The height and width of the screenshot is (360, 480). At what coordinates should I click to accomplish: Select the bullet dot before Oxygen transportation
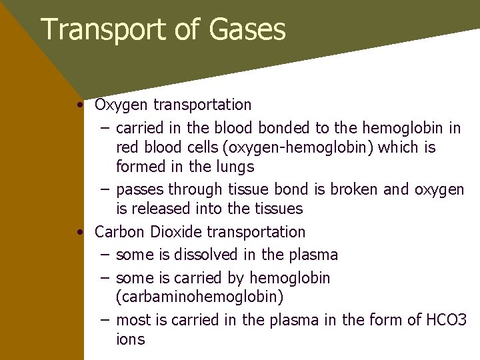(79, 105)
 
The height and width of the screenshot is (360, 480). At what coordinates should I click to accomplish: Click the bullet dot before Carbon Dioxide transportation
(79, 233)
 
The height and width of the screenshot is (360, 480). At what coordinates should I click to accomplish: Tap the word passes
(140, 190)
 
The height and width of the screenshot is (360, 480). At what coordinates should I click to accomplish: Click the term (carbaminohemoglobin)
(199, 296)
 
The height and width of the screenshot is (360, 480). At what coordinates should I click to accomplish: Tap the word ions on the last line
(130, 339)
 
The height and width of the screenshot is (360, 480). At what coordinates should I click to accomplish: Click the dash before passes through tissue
(105, 190)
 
